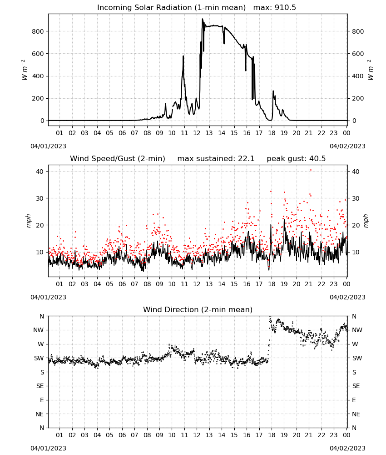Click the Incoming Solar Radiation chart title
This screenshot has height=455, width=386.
pos(197,8)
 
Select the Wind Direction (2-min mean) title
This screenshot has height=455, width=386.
pos(198,309)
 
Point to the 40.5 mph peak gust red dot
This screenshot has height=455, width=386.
pos(311,170)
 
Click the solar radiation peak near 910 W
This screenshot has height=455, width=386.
pos(203,19)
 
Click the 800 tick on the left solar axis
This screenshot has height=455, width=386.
pos(38,31)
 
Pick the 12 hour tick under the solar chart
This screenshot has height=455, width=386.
pos(197,133)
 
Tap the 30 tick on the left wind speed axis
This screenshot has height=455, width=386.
pos(40,198)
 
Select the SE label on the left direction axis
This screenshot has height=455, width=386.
pos(40,386)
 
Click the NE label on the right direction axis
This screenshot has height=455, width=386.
pos(356,414)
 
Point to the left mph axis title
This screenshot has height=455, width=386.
pos(28,221)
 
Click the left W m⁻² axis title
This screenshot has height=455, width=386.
pos(25,70)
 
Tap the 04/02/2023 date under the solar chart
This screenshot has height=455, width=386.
pos(347,146)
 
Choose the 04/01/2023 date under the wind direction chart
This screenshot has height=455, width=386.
pos(48,448)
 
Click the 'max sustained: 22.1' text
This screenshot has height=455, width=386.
pos(216,159)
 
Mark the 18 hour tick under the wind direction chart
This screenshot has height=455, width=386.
pos(272,435)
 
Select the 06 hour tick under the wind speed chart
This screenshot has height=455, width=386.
pos(122,284)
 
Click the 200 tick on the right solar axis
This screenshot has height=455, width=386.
pos(358,98)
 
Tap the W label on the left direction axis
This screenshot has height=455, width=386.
pos(41,344)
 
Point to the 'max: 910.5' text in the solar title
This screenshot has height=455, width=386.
pos(275,8)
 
